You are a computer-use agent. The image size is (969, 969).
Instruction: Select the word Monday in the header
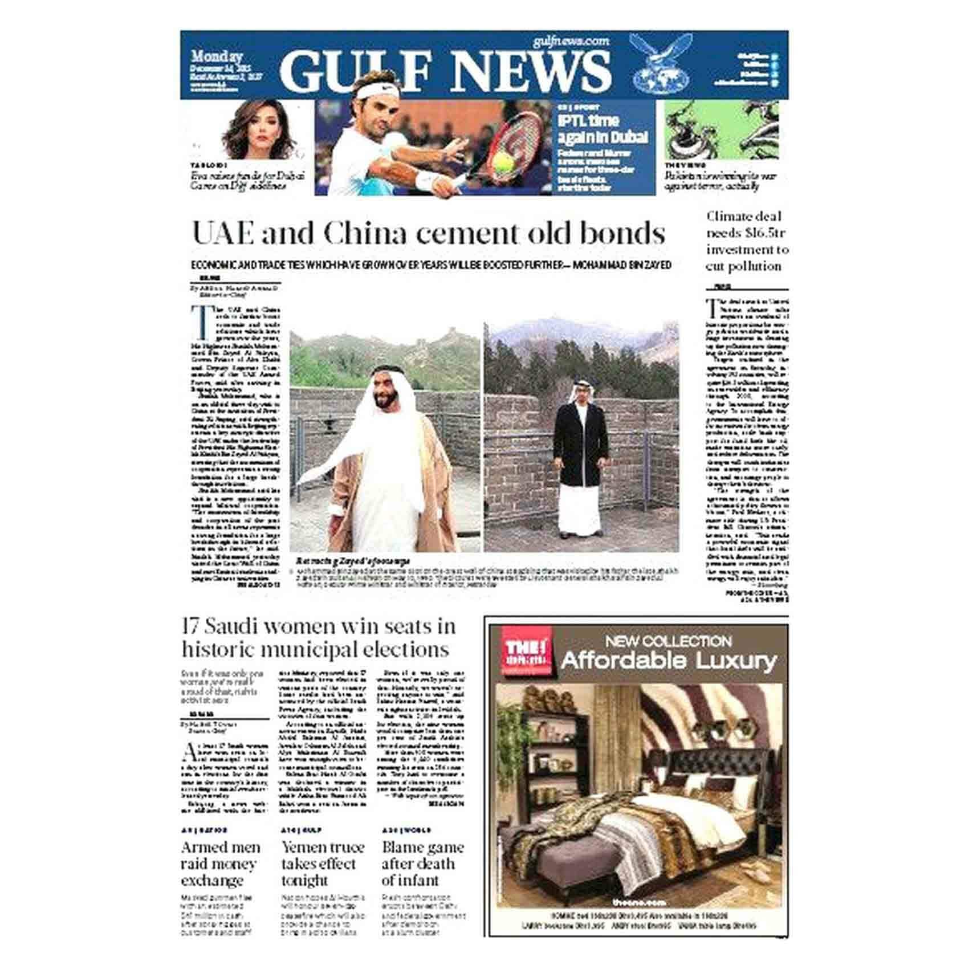217,56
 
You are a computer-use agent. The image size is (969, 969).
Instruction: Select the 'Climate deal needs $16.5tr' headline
747,241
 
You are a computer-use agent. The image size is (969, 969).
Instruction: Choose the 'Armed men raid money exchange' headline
221,864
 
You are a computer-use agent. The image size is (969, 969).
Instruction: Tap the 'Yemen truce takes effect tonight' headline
322,864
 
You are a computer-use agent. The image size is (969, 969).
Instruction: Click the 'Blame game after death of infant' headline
422,864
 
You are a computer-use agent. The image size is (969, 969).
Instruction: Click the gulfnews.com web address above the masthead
571,41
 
